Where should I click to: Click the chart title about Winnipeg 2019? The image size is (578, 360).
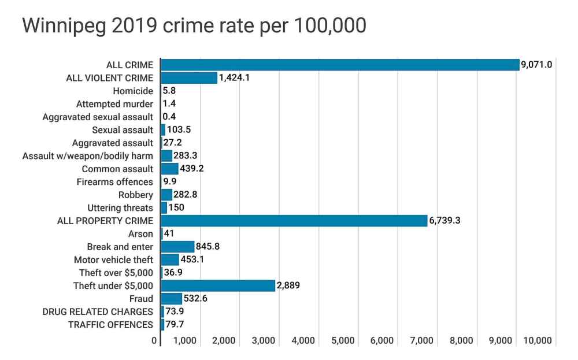click(x=194, y=26)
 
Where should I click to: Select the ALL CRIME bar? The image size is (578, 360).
click(x=340, y=65)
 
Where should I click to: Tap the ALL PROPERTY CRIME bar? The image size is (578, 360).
click(x=294, y=221)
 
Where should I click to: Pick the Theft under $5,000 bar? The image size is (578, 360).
click(x=218, y=285)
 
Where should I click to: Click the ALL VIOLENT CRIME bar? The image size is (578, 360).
click(x=189, y=78)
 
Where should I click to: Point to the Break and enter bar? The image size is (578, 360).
click(x=177, y=247)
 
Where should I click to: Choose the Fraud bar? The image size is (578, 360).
click(x=171, y=299)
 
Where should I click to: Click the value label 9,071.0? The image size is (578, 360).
click(x=537, y=65)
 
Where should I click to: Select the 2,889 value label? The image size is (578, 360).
click(x=288, y=285)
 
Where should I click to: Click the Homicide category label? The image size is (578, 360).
click(x=134, y=91)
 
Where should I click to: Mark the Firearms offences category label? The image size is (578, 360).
click(x=114, y=182)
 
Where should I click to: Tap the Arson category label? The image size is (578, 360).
click(x=140, y=234)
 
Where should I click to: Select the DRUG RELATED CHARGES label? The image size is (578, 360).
click(x=98, y=312)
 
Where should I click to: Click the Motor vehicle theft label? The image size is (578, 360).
click(x=113, y=260)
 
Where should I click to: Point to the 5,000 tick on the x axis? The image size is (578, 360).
click(x=343, y=341)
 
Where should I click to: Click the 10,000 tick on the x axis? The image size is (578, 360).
click(x=538, y=341)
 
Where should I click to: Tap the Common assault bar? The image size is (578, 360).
click(x=169, y=169)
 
